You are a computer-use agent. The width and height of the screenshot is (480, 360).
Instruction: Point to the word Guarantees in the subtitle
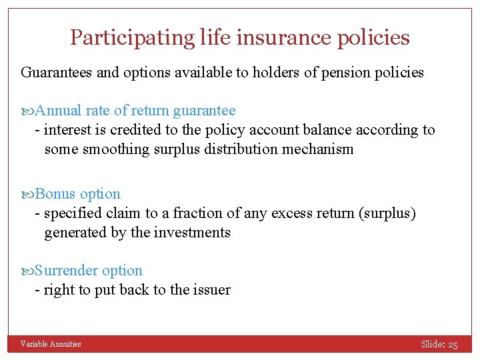pos(57,72)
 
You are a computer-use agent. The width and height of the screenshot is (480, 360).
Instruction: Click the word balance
pos(315,129)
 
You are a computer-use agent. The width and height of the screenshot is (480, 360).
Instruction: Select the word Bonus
pos(55,194)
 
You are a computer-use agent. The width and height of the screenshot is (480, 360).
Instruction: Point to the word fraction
pos(199,213)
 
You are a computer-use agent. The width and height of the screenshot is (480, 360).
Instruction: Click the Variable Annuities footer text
pos(51,344)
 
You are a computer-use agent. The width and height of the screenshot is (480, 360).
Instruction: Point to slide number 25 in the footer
pos(453,345)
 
